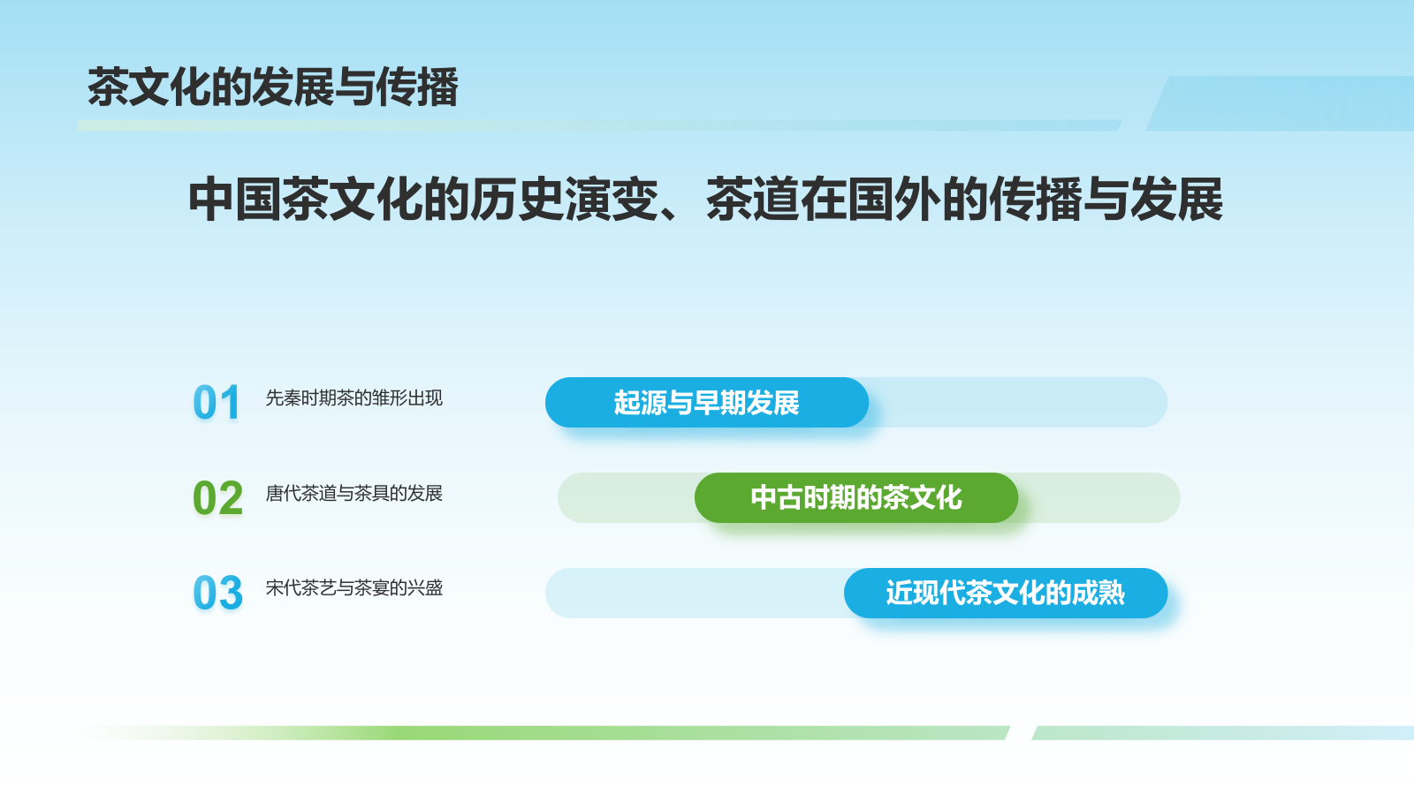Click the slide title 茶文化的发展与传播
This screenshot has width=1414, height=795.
(273, 87)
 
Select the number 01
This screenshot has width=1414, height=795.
(217, 403)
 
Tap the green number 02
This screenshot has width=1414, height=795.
(217, 498)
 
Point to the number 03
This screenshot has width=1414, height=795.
(217, 593)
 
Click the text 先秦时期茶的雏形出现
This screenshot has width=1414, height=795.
(354, 398)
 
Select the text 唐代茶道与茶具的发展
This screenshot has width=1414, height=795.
(354, 494)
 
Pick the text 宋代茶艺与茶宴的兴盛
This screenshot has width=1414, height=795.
(354, 588)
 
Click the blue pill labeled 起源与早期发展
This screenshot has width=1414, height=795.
(707, 403)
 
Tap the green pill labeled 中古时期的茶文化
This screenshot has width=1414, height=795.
(856, 498)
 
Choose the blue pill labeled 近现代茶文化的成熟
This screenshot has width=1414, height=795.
(1006, 593)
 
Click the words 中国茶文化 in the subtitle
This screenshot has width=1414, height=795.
(306, 200)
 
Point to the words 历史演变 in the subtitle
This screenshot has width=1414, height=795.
(565, 200)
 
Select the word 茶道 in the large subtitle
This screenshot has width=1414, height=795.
(753, 200)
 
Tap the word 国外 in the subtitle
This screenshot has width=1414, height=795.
(894, 200)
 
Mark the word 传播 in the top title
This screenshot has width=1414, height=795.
(417, 87)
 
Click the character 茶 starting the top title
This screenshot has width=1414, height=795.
(108, 87)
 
